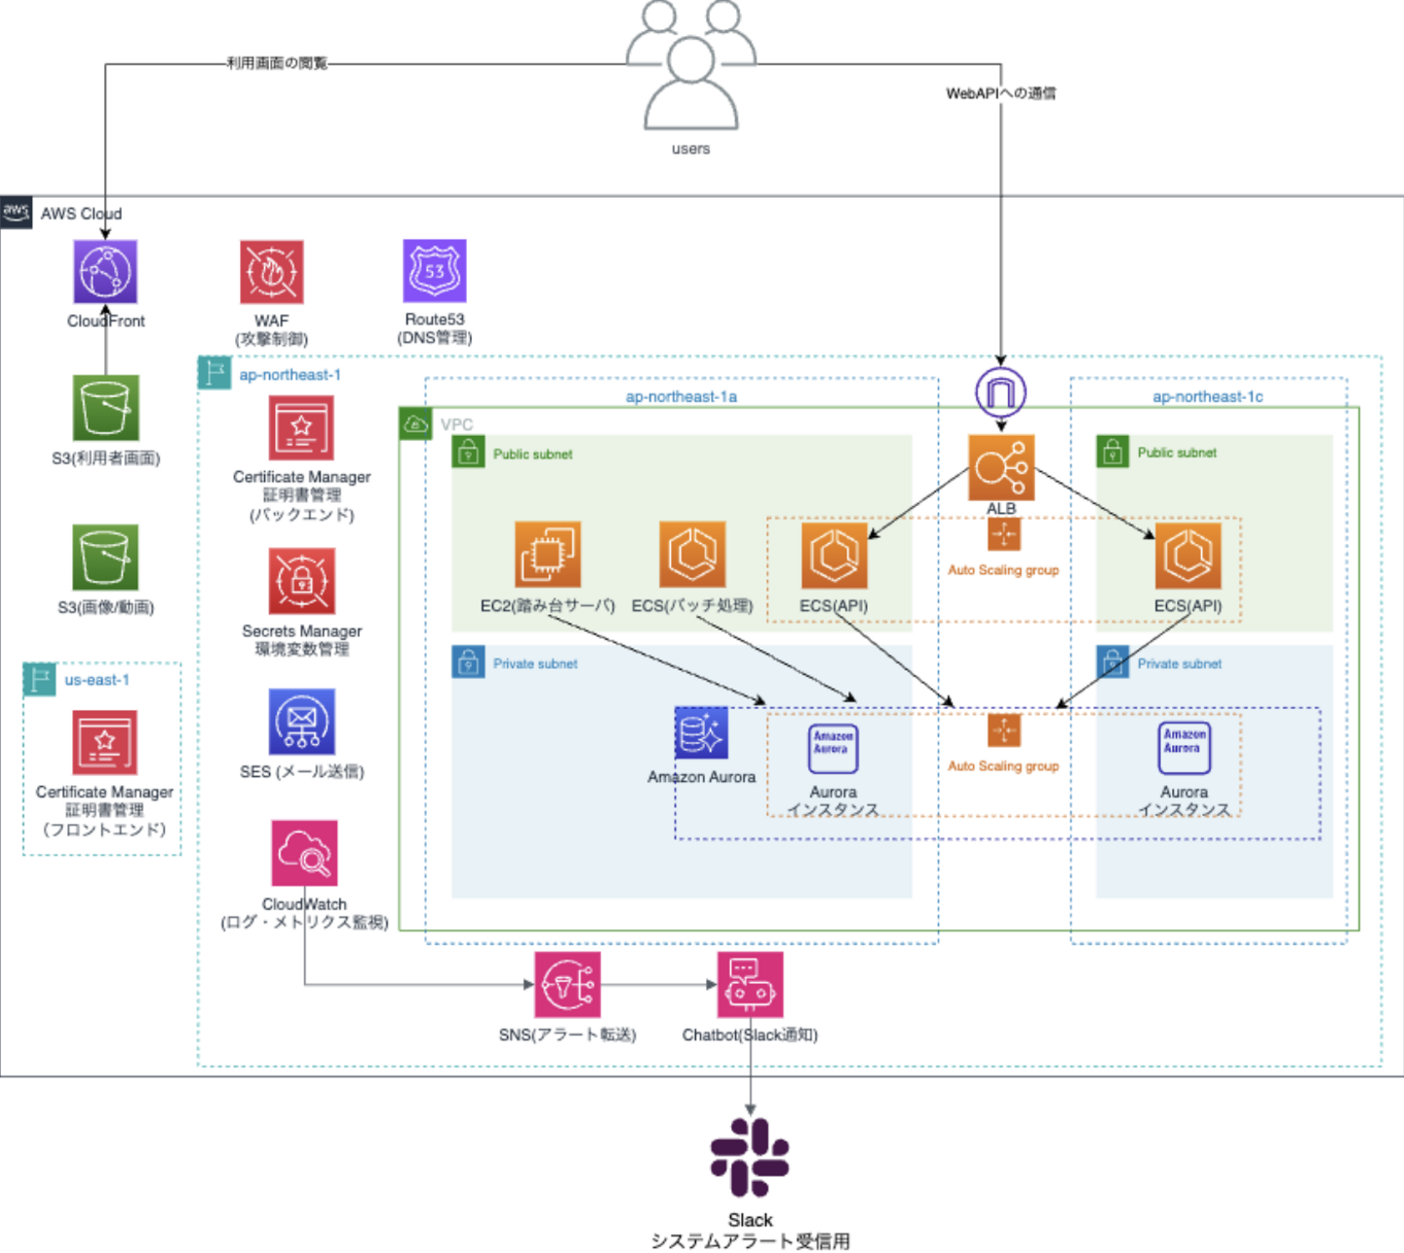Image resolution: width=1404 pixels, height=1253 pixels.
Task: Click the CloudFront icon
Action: tap(105, 272)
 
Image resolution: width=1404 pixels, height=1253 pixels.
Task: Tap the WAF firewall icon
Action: tap(271, 272)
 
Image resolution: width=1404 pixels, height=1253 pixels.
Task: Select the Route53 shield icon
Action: tap(435, 271)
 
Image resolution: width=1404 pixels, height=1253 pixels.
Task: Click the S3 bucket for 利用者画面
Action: tap(105, 408)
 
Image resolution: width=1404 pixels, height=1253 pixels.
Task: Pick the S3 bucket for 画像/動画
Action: tap(105, 557)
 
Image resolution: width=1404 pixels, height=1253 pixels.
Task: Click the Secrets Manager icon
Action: tap(301, 581)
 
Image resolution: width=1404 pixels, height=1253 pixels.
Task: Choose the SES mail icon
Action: tap(301, 723)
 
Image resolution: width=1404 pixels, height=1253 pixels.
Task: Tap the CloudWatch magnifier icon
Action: tap(304, 853)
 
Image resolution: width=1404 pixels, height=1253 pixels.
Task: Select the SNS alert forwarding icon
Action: tap(567, 985)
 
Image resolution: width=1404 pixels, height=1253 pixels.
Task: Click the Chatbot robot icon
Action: tap(750, 985)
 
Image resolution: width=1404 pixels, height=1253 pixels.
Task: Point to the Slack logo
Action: tap(750, 1157)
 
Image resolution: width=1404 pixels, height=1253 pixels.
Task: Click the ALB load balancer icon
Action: tap(1001, 468)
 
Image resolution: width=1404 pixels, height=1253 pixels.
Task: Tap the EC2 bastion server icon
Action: tap(548, 554)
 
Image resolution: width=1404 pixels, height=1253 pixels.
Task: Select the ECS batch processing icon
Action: tap(692, 554)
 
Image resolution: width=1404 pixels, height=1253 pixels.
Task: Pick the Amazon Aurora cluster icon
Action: tap(701, 733)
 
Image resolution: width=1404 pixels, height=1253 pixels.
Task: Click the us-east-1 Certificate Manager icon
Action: tap(104, 742)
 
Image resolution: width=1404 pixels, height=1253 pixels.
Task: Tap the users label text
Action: tap(690, 149)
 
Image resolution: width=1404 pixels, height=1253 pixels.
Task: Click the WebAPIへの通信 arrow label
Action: tap(1000, 94)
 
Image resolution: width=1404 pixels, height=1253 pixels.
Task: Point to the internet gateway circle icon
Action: tap(1001, 392)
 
